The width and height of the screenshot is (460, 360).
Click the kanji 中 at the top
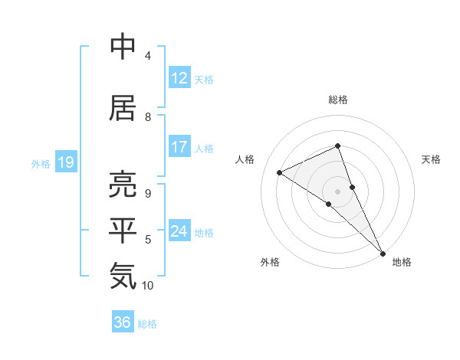click(123, 47)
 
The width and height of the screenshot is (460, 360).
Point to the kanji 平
click(123, 231)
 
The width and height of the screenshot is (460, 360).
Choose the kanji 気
click(123, 276)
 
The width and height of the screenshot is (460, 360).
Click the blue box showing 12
click(179, 78)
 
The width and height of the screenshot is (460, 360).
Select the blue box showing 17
click(179, 147)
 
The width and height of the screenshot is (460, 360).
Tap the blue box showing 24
click(179, 231)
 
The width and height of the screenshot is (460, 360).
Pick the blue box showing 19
click(65, 162)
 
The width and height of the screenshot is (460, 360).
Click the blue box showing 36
click(123, 322)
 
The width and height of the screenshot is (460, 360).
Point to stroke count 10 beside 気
click(148, 286)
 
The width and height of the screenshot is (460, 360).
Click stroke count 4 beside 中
click(148, 56)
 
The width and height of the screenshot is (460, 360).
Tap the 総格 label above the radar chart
click(338, 100)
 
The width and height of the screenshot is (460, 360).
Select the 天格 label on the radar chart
click(431, 159)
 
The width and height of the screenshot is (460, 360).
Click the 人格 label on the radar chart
click(245, 159)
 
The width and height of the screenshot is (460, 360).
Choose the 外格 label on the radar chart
click(270, 262)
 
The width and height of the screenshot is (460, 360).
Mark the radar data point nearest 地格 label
click(382, 252)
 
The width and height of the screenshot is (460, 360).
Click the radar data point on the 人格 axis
click(279, 172)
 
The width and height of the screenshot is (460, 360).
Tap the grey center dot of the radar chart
click(337, 191)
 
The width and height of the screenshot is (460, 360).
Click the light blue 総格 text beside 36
click(147, 324)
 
